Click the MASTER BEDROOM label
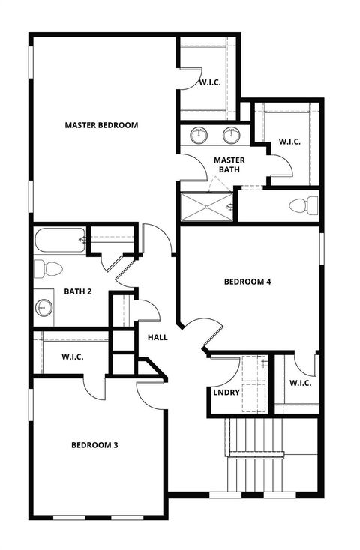[x=101, y=125]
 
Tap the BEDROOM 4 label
[x=247, y=282]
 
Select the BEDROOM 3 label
[x=94, y=445]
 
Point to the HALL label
[x=157, y=338]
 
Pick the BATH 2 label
[x=78, y=291]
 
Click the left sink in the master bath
[x=199, y=136]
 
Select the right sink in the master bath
[x=231, y=136]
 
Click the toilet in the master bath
[x=303, y=205]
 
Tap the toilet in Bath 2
[x=49, y=268]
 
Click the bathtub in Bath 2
[x=58, y=241]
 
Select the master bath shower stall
[x=207, y=207]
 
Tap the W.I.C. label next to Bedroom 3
[x=73, y=357]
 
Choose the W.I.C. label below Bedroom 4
[x=300, y=384]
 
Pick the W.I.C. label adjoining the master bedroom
[x=209, y=82]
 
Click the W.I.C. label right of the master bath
[x=290, y=142]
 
